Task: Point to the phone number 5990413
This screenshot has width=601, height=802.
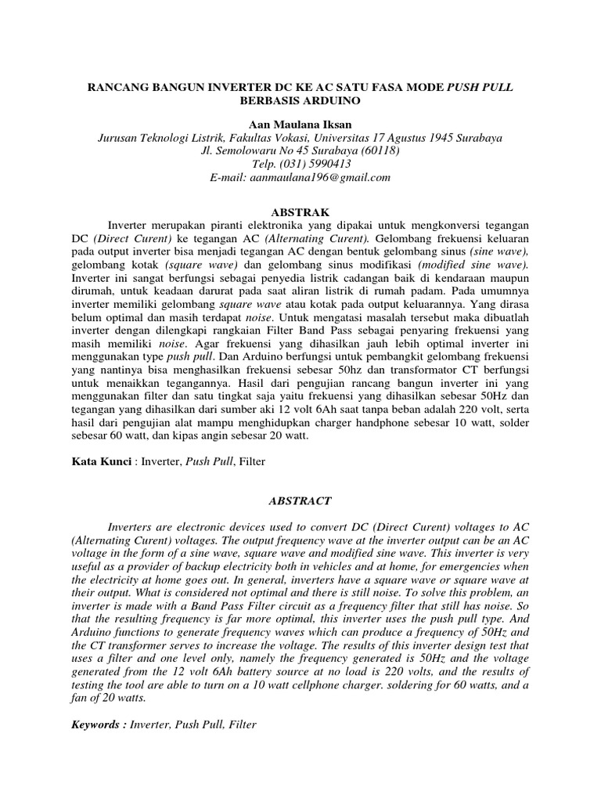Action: [323, 164]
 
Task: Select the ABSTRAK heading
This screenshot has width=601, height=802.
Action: [300, 212]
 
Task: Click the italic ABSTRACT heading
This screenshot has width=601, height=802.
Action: [300, 500]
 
